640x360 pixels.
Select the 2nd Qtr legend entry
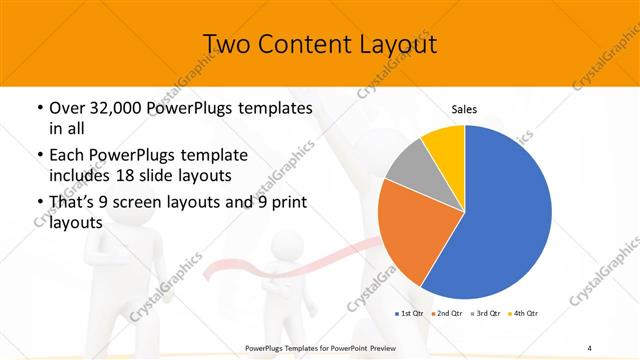446,314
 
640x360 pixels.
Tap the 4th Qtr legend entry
523,314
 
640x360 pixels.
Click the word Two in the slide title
228,45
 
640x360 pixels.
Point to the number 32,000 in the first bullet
116,108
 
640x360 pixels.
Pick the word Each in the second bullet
67,157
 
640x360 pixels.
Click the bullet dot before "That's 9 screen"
39,203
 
